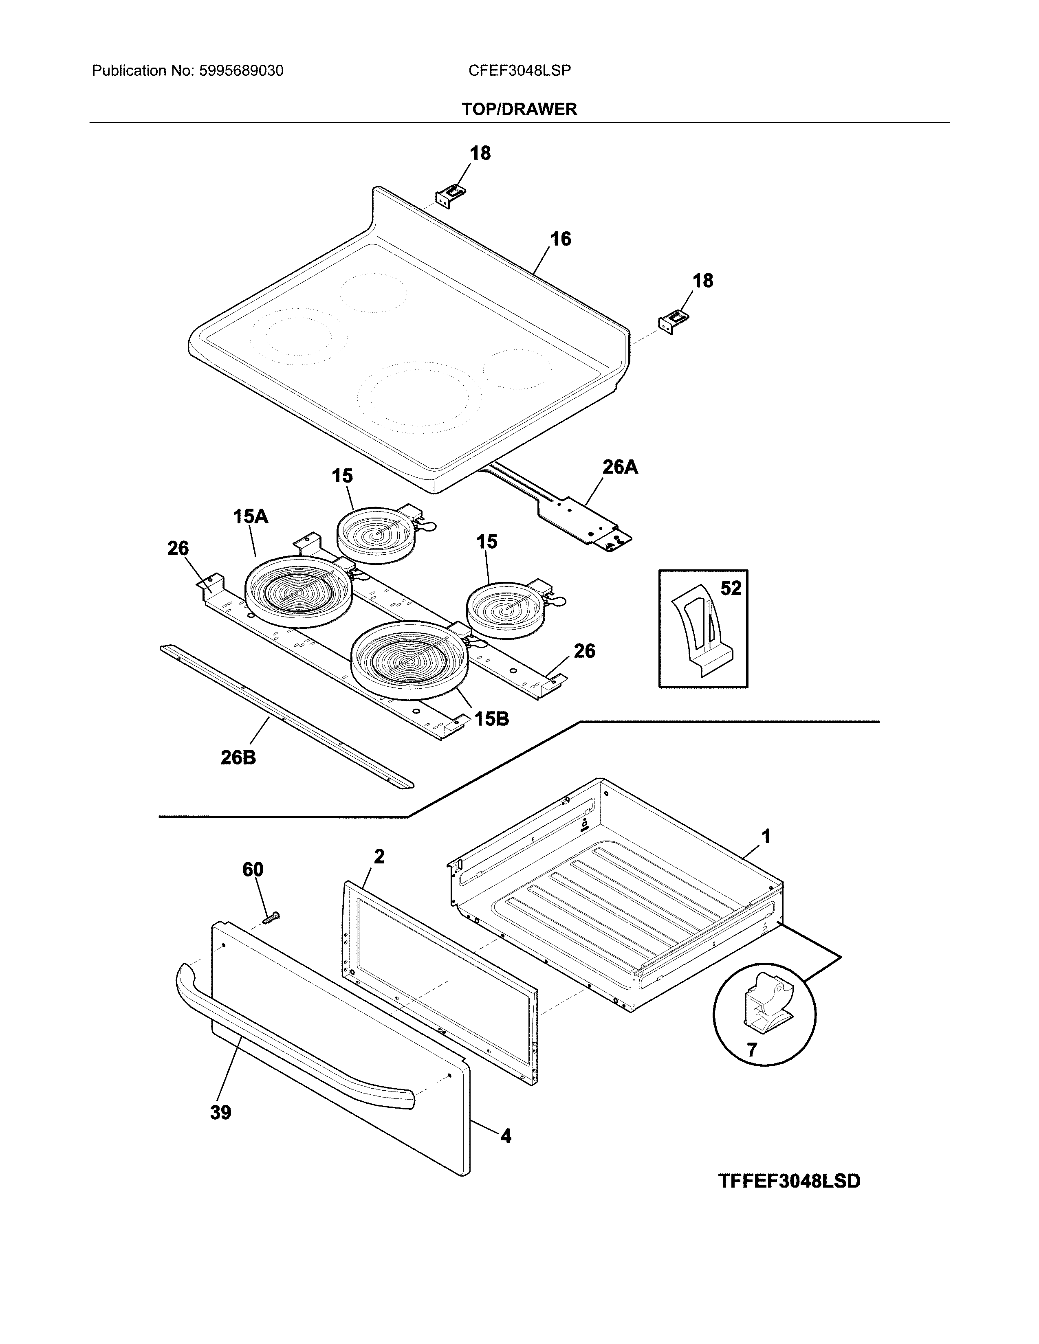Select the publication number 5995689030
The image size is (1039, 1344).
(x=241, y=71)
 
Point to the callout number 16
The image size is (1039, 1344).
(x=560, y=239)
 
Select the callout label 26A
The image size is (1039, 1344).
(x=619, y=467)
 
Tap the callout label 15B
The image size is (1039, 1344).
(x=491, y=718)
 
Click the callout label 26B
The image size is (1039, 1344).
(x=238, y=758)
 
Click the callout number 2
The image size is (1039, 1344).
(x=379, y=856)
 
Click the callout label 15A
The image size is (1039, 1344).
(x=251, y=516)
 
